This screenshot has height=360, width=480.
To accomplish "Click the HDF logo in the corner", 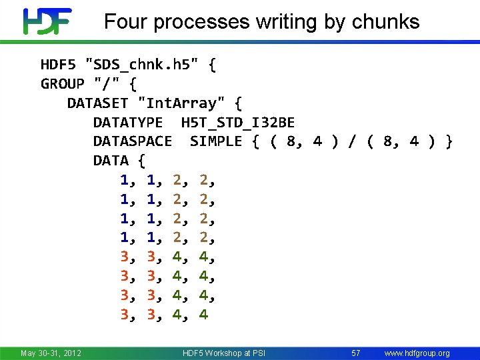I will click(x=46, y=21).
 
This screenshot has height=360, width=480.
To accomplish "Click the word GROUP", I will click(x=63, y=84).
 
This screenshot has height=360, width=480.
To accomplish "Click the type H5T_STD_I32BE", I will click(x=237, y=123).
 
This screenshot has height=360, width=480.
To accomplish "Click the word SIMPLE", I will click(x=216, y=141).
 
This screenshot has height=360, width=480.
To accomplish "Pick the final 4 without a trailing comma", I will click(x=203, y=314).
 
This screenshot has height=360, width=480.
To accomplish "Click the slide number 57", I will click(x=356, y=353).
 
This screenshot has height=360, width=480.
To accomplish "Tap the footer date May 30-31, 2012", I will click(x=51, y=353).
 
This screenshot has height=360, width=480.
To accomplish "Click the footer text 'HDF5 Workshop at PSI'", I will click(x=224, y=353).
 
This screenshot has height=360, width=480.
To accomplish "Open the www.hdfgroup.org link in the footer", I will click(x=417, y=353).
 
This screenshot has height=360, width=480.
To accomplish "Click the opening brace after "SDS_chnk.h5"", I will click(x=211, y=65).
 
